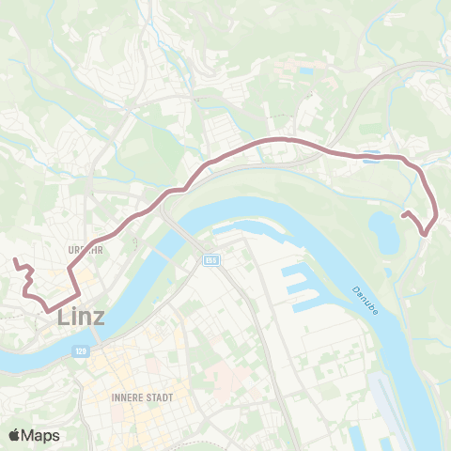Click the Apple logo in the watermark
[14, 435]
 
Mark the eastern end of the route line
[404, 215]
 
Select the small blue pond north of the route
[306, 70]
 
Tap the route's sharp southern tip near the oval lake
[425, 233]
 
